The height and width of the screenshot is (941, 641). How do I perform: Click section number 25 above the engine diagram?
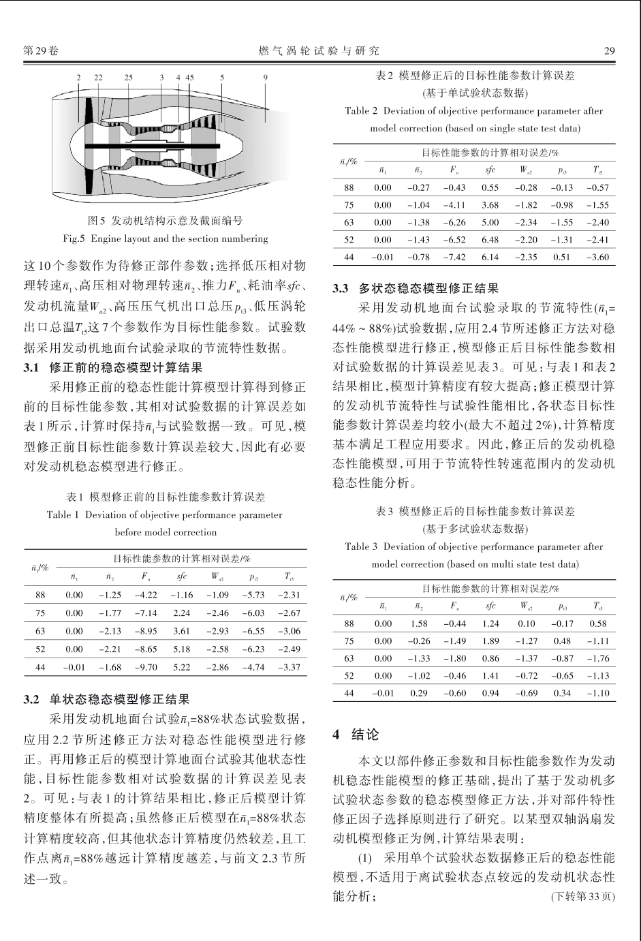click(x=129, y=77)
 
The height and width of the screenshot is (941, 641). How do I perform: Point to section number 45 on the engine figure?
click(x=189, y=77)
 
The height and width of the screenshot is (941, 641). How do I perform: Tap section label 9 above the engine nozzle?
click(x=265, y=77)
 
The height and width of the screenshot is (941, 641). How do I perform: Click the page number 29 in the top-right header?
click(x=610, y=50)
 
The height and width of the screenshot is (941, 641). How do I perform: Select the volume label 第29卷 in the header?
click(x=41, y=50)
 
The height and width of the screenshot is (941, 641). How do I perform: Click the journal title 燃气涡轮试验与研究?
click(x=319, y=50)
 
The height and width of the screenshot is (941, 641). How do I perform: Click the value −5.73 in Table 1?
click(x=253, y=595)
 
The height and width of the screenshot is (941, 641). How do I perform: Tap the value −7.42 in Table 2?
click(x=454, y=258)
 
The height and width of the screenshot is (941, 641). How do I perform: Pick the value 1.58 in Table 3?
click(x=418, y=623)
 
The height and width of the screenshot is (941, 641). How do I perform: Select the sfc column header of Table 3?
click(x=490, y=606)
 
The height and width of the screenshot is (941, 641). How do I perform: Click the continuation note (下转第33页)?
click(x=582, y=896)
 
